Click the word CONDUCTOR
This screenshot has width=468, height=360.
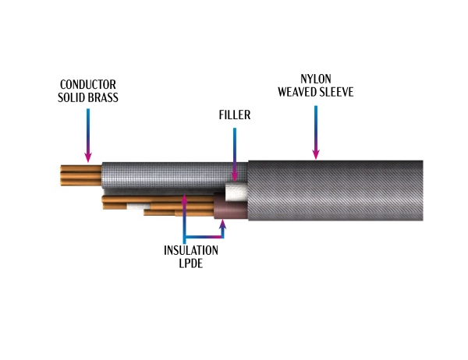coord(88,85)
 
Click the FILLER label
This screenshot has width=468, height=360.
coord(234,115)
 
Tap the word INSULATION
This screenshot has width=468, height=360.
coord(191,251)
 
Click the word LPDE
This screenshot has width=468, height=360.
coord(191,263)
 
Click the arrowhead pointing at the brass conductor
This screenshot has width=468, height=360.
coord(88,158)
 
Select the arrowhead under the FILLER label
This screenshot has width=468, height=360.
coord(234,178)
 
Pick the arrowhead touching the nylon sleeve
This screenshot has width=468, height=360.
coord(315,155)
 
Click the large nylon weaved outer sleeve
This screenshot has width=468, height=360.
coord(335,191)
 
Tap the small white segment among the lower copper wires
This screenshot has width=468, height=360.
coord(138,206)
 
